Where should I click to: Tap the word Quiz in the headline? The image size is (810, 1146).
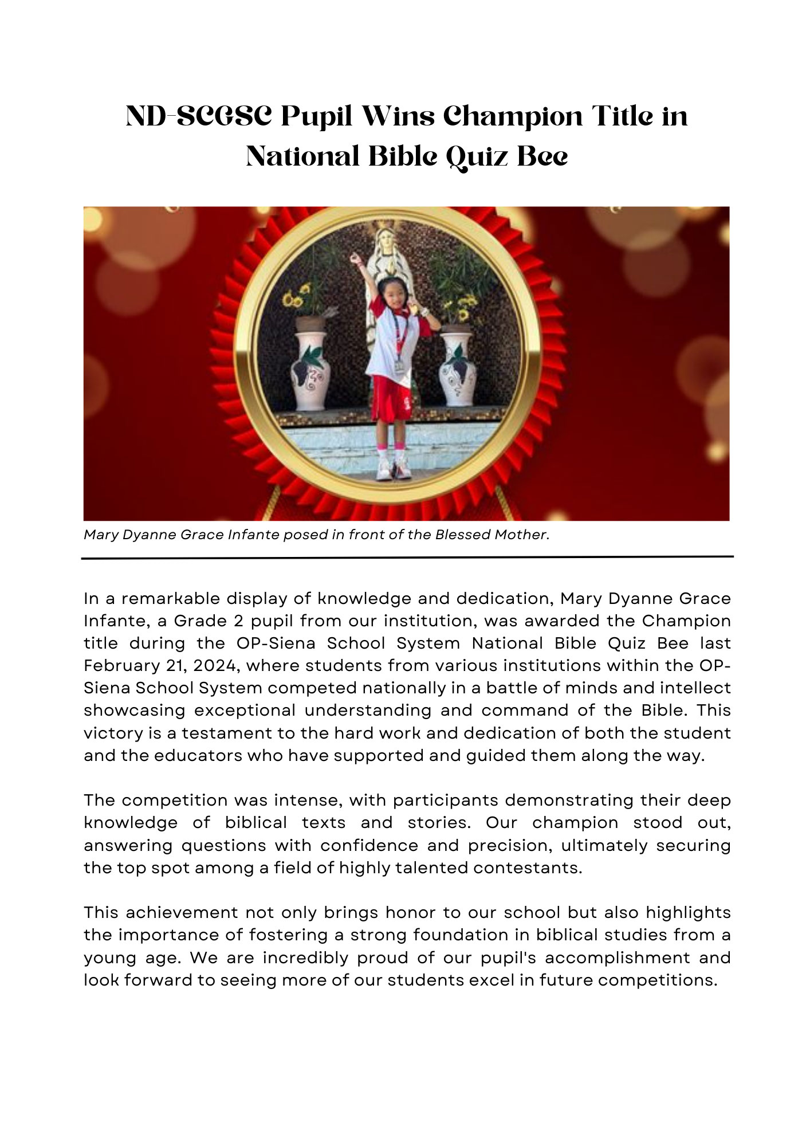(x=477, y=156)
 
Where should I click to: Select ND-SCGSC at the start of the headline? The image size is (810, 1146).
(x=198, y=116)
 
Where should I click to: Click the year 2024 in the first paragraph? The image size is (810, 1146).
(x=214, y=665)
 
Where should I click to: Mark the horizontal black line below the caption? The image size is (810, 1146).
(x=407, y=557)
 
